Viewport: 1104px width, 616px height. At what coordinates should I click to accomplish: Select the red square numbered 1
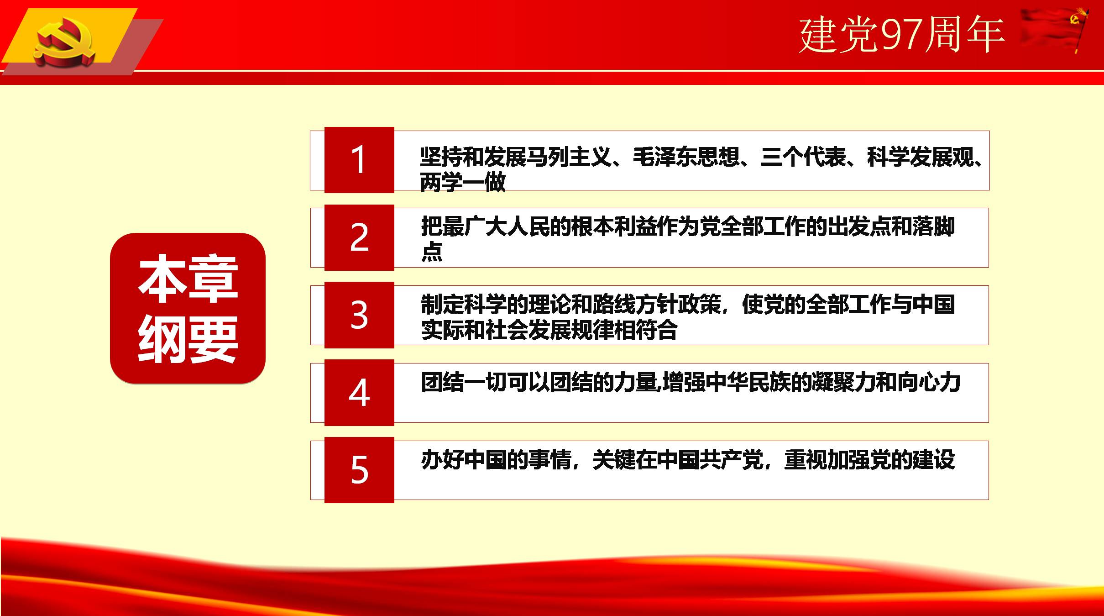[x=359, y=160]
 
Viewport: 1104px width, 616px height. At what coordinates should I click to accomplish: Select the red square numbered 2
[x=359, y=237]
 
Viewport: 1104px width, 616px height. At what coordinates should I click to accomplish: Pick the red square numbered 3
[x=359, y=315]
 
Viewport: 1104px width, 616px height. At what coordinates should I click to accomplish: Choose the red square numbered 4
[x=359, y=393]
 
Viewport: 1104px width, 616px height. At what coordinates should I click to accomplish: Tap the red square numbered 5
[x=359, y=470]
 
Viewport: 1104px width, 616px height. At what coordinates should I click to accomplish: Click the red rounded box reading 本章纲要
[x=188, y=308]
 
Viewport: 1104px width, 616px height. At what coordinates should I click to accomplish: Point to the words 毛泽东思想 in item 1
[x=686, y=157]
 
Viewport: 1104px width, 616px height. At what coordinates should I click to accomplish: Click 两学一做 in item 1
[x=463, y=182]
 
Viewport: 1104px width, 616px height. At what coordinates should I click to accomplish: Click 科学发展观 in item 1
[x=920, y=157]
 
